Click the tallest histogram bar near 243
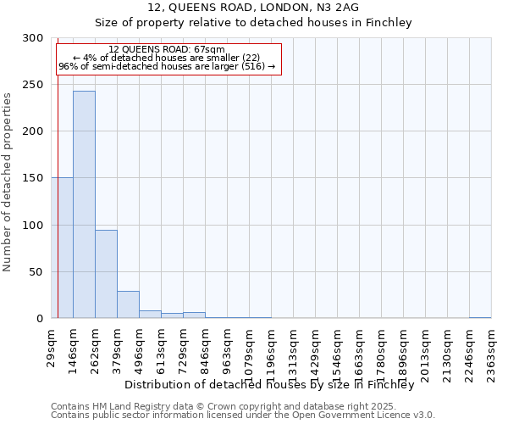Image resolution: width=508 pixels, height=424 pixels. tap(84, 204)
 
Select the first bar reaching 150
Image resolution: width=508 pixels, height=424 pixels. tap(65, 248)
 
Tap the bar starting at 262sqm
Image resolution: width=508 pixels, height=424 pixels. tap(106, 274)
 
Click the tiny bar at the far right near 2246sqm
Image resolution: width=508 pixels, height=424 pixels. tap(480, 317)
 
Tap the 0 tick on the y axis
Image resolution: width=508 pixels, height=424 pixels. tap(40, 319)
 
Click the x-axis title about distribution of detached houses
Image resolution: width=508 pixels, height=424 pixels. tap(274, 385)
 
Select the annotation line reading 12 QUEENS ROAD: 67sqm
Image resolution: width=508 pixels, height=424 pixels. tap(167, 50)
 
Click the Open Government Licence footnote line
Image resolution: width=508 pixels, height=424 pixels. tap(243, 416)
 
